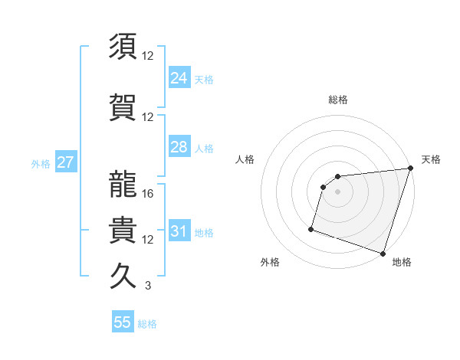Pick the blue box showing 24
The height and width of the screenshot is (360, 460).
[179, 77]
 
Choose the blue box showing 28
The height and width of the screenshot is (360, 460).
[179, 147]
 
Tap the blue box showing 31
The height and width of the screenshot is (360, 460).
[179, 231]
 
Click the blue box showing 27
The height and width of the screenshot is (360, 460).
[65, 163]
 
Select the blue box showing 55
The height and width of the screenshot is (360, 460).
[123, 322]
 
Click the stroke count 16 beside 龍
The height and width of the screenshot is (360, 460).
[149, 194]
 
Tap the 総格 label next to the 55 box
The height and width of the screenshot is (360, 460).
[147, 324]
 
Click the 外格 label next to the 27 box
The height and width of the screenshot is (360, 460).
[41, 164]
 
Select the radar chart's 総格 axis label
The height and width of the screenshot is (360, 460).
[337, 100]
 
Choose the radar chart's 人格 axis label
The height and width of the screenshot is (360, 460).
[245, 159]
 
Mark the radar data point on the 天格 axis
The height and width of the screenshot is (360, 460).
[410, 169]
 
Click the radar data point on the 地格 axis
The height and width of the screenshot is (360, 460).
[383, 253]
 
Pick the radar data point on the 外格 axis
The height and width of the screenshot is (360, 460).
[311, 228]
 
